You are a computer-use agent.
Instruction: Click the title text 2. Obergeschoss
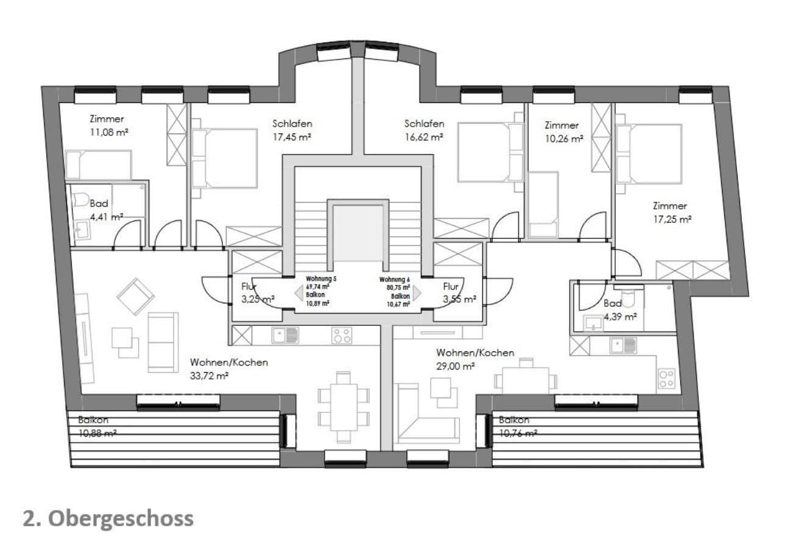[108, 518]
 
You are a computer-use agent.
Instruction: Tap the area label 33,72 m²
[209, 376]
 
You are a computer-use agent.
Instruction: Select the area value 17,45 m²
[292, 137]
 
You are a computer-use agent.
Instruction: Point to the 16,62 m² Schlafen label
[424, 130]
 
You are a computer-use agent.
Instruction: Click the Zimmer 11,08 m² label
[108, 125]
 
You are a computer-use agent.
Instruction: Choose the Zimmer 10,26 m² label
[563, 132]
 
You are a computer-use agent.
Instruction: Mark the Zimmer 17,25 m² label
[672, 213]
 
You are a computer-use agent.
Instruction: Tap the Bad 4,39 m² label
[620, 310]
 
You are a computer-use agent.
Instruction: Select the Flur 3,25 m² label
[258, 292]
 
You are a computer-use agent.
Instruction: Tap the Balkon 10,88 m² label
[97, 426]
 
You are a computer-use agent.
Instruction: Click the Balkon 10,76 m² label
[518, 426]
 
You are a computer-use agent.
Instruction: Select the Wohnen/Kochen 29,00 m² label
[474, 359]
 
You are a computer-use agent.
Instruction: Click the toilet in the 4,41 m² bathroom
[80, 200]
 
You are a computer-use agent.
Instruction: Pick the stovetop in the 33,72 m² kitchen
[341, 336]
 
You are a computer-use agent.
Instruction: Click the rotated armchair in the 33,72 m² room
[135, 296]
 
